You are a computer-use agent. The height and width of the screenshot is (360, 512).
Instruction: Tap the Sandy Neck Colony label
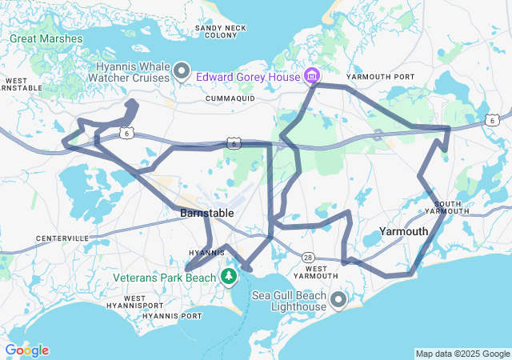pyautogui.click(x=220, y=31)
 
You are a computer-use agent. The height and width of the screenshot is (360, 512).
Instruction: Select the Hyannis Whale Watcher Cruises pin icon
pyautogui.click(x=182, y=73)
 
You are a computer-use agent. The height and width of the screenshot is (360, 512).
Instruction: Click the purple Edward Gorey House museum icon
pyautogui.click(x=311, y=77)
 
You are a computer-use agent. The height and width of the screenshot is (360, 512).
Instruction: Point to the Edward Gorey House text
pyautogui.click(x=247, y=77)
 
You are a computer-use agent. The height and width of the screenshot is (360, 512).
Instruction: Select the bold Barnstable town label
pyautogui.click(x=206, y=214)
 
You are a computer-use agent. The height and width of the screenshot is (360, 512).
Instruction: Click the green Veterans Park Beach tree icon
pyautogui.click(x=230, y=278)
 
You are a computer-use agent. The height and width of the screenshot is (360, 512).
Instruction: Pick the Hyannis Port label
pyautogui.click(x=172, y=315)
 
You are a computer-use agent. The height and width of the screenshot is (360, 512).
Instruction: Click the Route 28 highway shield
pyautogui.click(x=308, y=257)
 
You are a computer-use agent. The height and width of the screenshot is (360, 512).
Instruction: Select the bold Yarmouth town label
pyautogui.click(x=402, y=231)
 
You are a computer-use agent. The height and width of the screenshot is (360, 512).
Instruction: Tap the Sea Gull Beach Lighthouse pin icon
pyautogui.click(x=338, y=300)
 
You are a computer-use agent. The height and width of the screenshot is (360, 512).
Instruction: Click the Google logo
pyautogui.click(x=26, y=350)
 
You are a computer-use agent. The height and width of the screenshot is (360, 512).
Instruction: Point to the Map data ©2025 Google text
pyautogui.click(x=462, y=354)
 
